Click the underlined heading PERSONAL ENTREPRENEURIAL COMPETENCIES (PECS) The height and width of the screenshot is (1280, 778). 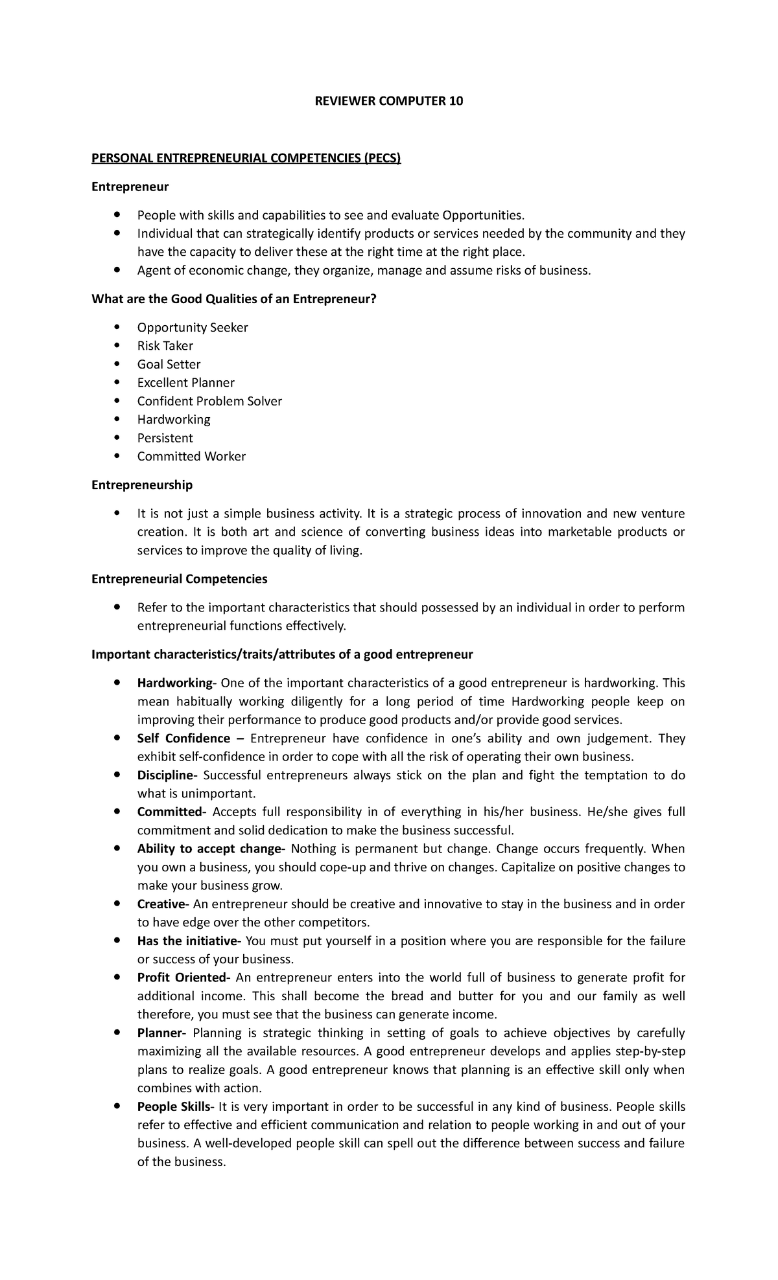click(x=246, y=158)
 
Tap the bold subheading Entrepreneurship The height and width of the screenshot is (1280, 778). click(x=142, y=485)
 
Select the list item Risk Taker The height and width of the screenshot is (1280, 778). click(x=165, y=346)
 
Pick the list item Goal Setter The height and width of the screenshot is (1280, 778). click(x=169, y=364)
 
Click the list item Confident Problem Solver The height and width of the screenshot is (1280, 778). click(x=209, y=401)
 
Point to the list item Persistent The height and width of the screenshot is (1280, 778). click(x=165, y=438)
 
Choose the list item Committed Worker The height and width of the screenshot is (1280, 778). click(x=191, y=456)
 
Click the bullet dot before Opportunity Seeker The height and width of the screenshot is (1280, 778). click(x=117, y=327)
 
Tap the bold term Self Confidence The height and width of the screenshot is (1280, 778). click(x=183, y=738)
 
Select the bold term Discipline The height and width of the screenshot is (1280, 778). click(x=165, y=775)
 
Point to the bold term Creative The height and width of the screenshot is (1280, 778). click(x=161, y=904)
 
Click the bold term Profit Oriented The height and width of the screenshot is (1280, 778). click(x=181, y=977)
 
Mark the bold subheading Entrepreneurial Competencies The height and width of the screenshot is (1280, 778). click(x=180, y=578)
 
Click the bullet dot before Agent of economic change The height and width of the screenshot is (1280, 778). click(x=117, y=270)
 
